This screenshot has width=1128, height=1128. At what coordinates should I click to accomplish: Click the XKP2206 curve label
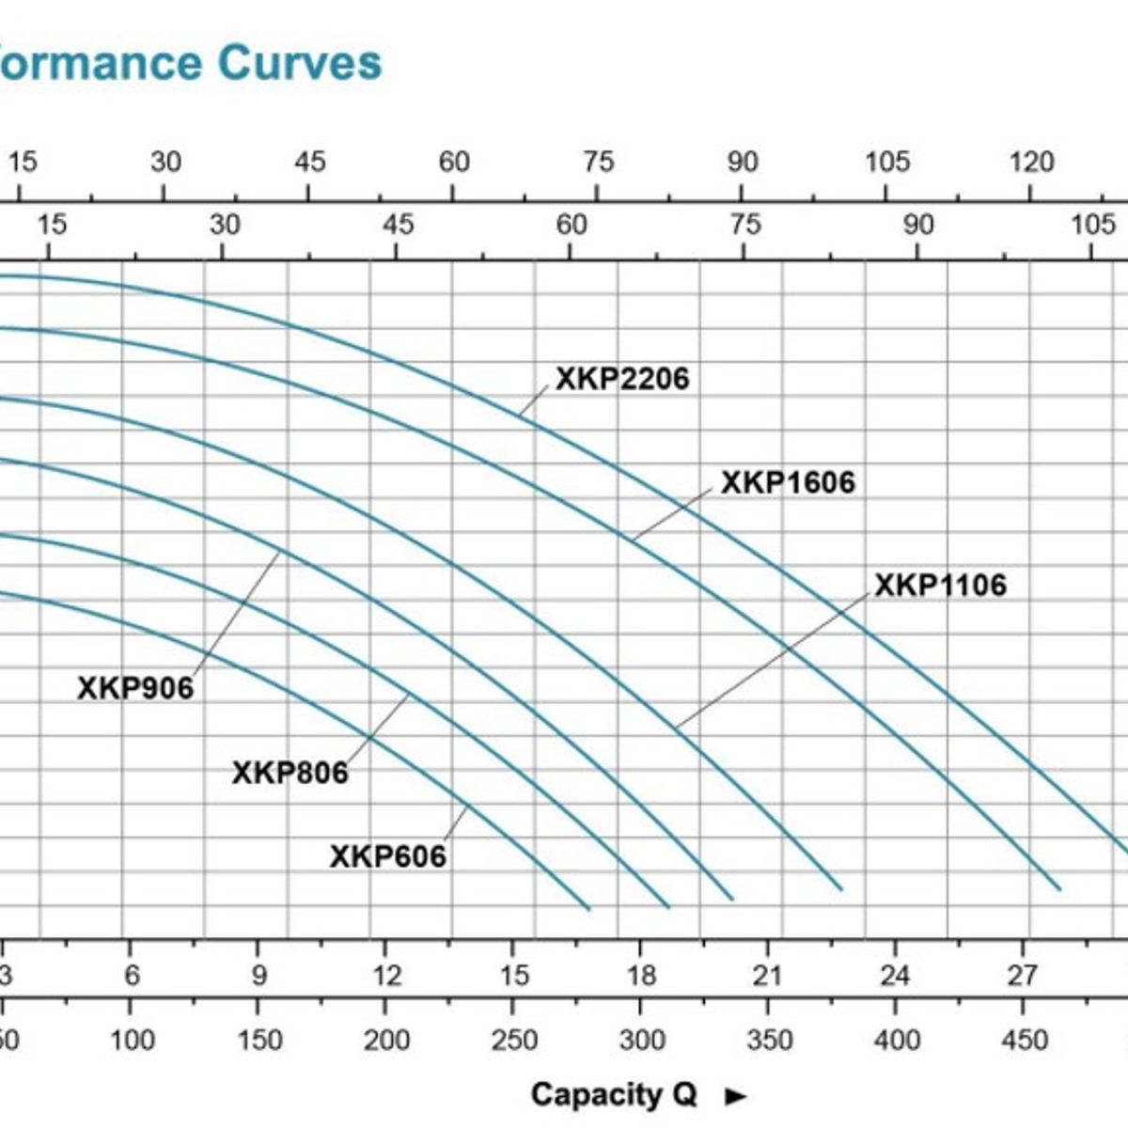point(622,379)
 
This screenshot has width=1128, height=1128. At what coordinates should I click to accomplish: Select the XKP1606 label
point(788,482)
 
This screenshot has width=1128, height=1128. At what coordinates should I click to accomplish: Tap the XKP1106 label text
point(940,585)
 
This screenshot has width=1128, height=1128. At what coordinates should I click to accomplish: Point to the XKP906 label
point(135,688)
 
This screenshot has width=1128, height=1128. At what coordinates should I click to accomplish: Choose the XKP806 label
point(290,773)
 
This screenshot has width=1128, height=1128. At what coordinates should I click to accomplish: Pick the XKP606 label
point(387,856)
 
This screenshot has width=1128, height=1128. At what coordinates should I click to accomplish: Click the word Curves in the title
point(300,63)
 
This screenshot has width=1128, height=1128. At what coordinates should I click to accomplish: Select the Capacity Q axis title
point(614,1094)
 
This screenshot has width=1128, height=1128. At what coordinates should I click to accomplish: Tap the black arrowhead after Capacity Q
point(736,1096)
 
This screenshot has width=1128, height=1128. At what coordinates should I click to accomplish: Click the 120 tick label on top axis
point(1031,163)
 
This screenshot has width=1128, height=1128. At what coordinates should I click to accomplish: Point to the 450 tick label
point(1024,1041)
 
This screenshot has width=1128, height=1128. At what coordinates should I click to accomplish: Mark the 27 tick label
point(1022,975)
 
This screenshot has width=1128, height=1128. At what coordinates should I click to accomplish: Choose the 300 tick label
point(642,1041)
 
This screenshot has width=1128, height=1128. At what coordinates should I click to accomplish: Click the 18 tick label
point(641,975)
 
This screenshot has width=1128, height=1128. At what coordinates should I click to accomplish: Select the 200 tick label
point(387,1041)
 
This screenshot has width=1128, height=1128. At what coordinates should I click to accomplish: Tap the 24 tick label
point(895,975)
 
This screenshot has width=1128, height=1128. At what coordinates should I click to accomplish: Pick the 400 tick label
point(897,1041)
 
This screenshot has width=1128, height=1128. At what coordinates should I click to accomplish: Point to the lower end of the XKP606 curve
point(587,909)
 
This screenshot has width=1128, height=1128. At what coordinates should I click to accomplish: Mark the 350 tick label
point(769,1041)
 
